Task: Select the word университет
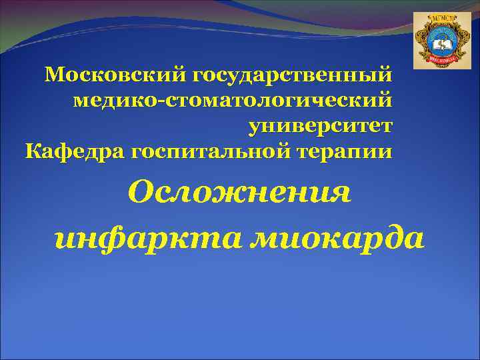pyautogui.click(x=321, y=126)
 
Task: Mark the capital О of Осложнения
pyautogui.click(x=142, y=193)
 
